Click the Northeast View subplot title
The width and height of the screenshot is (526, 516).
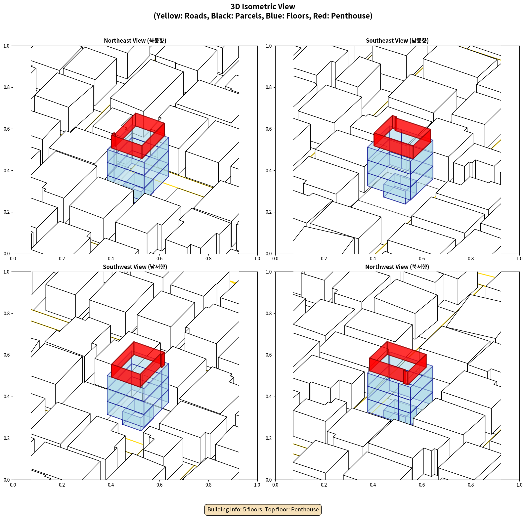(x=135, y=41)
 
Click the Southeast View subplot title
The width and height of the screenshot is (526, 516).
(x=397, y=41)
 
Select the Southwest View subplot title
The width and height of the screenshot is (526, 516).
(x=135, y=267)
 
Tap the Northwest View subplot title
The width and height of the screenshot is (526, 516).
(x=397, y=267)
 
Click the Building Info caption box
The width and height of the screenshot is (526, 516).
(x=263, y=509)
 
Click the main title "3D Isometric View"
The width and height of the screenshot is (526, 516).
(x=263, y=7)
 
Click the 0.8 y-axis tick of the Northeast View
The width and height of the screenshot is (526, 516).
(x=7, y=87)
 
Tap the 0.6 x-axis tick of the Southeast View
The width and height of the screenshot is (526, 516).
(x=422, y=259)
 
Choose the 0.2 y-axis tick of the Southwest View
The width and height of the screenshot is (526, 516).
(x=7, y=438)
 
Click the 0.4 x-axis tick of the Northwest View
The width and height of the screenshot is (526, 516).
(x=373, y=485)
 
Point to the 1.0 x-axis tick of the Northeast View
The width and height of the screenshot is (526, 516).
(x=257, y=259)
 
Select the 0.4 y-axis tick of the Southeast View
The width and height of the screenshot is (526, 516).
(x=269, y=170)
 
